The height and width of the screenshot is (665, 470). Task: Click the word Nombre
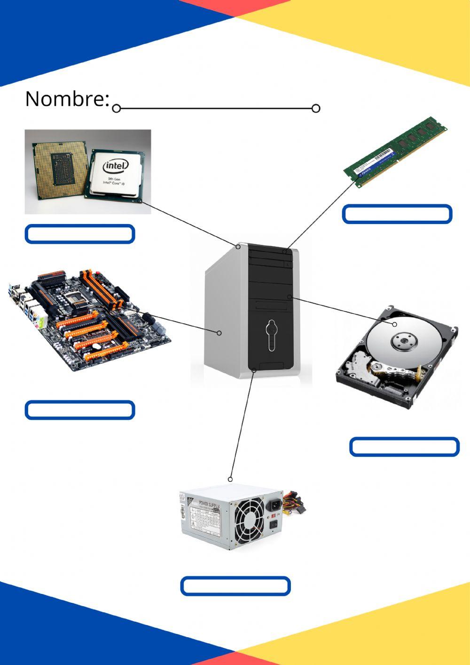pos(67,99)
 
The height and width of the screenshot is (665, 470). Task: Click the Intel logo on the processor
pos(116,166)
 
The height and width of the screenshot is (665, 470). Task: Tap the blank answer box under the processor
pos(80,234)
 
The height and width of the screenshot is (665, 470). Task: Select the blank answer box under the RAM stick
pos(397,214)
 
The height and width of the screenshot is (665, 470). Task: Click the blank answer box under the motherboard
pos(80,410)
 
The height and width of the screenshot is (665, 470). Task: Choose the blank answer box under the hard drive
pos(404,447)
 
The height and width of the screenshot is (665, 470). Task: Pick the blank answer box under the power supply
pos(235,586)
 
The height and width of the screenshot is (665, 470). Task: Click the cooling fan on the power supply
pos(249,519)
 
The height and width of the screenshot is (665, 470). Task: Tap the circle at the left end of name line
pos(117,109)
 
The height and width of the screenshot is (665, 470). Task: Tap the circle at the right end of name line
pos(316,109)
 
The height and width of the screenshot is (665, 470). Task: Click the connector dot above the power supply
pos(230,479)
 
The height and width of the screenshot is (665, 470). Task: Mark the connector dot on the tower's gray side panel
pos(219,333)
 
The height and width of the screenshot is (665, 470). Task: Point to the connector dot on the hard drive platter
pos(395,324)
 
